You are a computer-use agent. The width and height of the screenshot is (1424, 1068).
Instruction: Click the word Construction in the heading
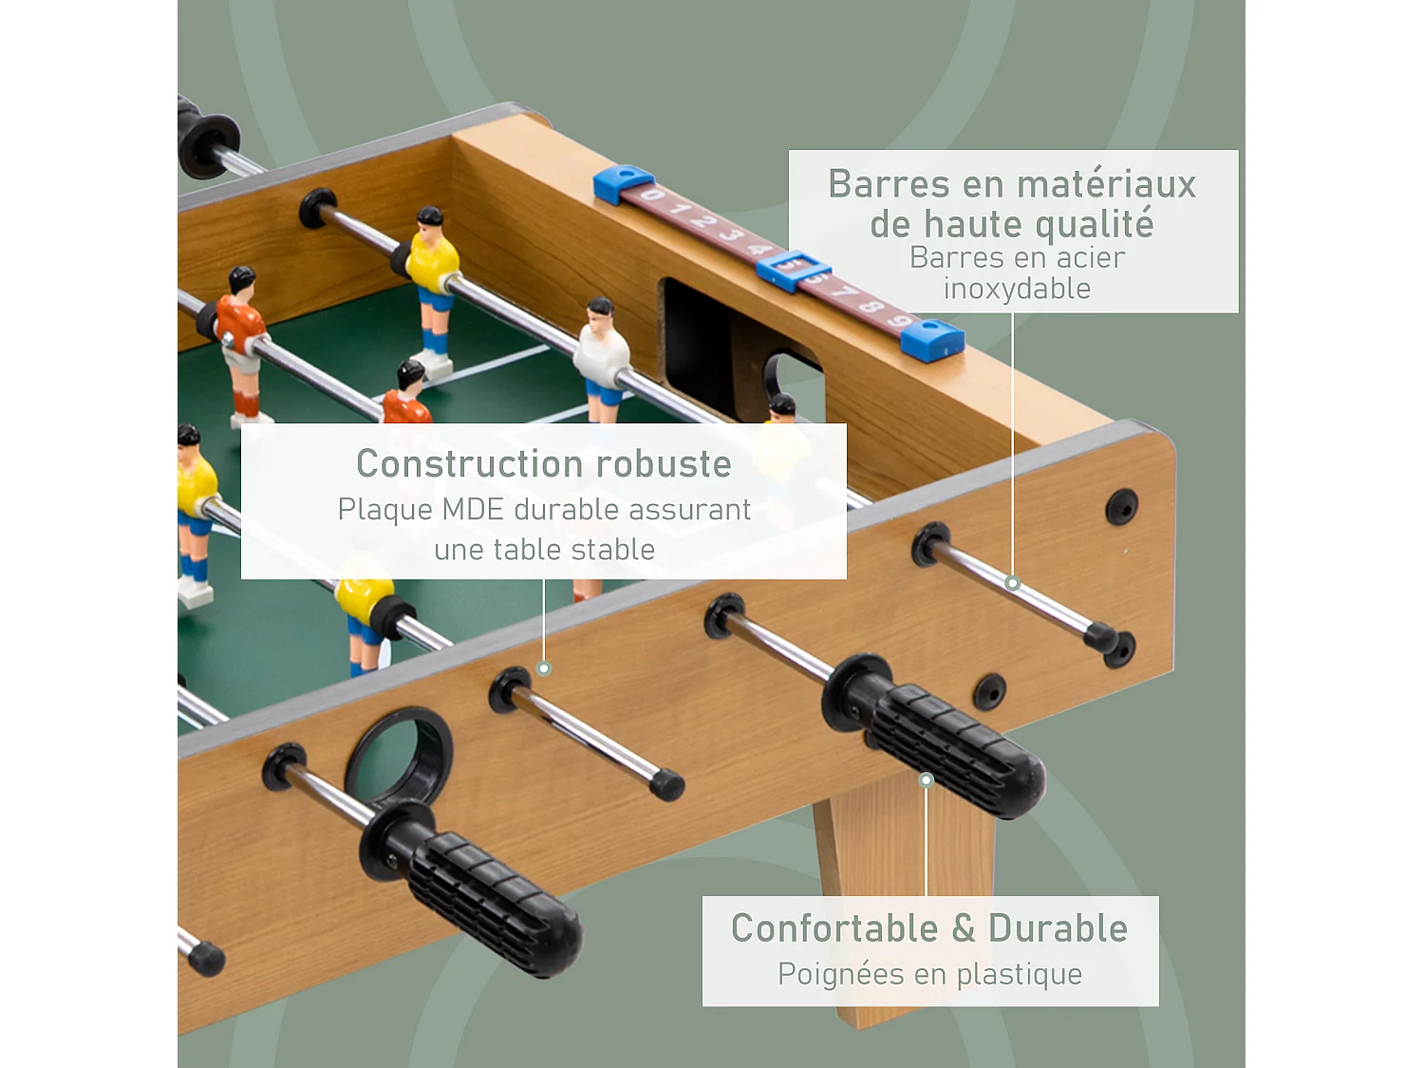click(462, 464)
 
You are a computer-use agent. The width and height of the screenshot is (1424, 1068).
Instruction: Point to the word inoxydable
click(1017, 289)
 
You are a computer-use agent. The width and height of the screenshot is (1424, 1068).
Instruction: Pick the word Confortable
click(834, 928)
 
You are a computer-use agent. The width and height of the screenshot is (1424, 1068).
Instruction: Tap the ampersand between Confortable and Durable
click(964, 928)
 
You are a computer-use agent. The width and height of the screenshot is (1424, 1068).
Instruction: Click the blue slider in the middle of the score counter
click(793, 270)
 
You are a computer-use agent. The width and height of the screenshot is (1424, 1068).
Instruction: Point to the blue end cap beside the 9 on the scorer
click(933, 340)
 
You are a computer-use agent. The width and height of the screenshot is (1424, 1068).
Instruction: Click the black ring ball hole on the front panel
click(399, 758)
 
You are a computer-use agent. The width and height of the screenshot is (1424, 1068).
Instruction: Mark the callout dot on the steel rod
click(1012, 583)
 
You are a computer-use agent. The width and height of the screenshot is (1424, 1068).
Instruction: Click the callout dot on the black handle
click(927, 780)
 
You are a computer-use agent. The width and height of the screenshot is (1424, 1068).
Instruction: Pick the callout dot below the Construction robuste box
click(544, 668)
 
